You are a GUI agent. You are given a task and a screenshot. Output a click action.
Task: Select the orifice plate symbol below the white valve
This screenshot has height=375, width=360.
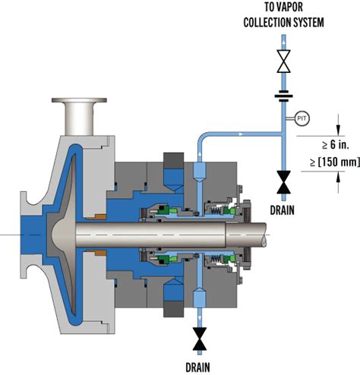point(283,96)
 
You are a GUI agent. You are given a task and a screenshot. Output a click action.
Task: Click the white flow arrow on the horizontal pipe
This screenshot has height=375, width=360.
point(240,132)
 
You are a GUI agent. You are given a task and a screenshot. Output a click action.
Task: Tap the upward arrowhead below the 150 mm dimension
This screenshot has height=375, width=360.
point(337,175)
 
